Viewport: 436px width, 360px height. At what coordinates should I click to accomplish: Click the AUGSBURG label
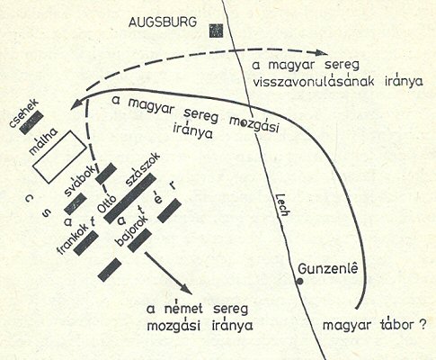click(163, 22)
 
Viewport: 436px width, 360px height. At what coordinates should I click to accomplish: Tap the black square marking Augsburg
click(216, 31)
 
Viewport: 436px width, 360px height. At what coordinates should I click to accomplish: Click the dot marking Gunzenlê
click(299, 282)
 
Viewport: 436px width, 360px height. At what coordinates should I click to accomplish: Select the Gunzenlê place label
click(328, 269)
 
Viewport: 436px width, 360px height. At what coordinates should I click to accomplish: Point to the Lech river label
click(282, 204)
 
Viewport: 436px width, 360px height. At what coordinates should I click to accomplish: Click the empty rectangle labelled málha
click(59, 157)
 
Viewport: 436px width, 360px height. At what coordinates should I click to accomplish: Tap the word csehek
click(24, 113)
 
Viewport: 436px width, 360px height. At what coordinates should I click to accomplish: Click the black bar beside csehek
click(31, 122)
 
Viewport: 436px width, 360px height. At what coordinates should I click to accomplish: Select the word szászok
click(143, 169)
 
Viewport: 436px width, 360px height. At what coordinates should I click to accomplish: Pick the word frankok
click(74, 238)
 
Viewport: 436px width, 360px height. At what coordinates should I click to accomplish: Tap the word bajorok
click(131, 230)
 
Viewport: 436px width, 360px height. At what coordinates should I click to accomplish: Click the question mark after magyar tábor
click(422, 325)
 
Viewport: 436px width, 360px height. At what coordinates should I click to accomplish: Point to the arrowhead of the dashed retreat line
click(322, 53)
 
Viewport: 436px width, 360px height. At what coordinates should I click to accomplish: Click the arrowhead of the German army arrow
click(187, 289)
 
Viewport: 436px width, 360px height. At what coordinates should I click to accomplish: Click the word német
click(183, 309)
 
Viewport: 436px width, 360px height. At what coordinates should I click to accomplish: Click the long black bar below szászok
click(129, 198)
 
